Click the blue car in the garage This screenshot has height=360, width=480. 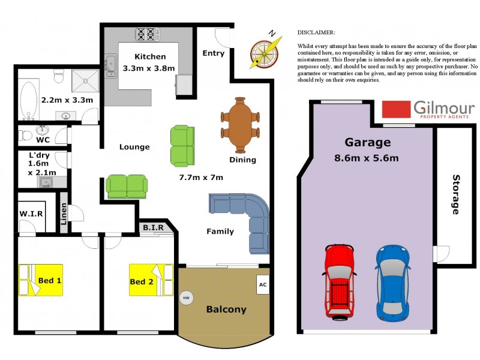(392, 280)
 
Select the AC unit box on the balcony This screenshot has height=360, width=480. (262, 284)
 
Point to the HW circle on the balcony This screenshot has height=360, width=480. (186, 297)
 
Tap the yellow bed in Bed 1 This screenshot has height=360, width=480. (40, 280)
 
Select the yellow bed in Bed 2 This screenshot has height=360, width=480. (151, 280)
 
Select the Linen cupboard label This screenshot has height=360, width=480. (64, 214)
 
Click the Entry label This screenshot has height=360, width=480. (214, 53)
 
